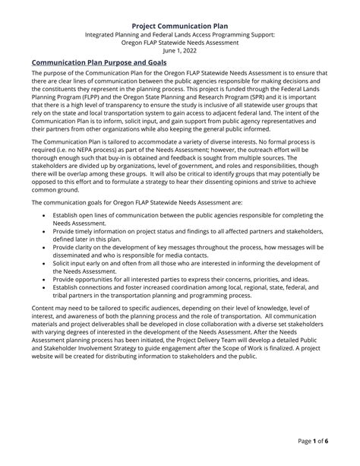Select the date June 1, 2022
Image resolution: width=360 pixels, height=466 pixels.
[180, 52]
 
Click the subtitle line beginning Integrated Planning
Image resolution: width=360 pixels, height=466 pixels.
[180, 35]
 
